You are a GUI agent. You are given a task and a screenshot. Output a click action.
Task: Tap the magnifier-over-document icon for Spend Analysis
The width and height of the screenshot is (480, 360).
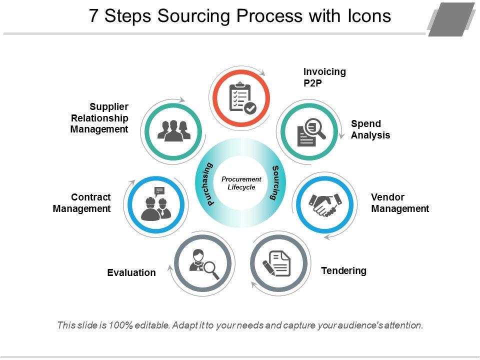[x=310, y=132]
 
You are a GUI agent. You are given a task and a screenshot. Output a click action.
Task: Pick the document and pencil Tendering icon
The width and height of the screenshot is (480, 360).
[x=277, y=263]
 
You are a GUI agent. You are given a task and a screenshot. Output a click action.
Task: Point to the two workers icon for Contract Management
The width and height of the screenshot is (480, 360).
[x=155, y=205]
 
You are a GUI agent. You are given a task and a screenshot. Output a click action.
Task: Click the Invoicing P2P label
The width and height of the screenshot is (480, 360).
[x=324, y=77]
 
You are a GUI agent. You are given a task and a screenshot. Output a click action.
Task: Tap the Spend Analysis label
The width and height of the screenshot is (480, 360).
[x=370, y=129]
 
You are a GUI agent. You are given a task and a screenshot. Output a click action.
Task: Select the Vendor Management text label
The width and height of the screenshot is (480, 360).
[x=399, y=203]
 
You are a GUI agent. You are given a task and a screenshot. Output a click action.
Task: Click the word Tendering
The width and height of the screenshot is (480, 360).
[x=343, y=271]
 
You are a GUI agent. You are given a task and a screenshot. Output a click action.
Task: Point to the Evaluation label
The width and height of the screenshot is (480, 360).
[x=131, y=272]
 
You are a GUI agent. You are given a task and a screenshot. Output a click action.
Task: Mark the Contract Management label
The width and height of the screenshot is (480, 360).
[x=82, y=203]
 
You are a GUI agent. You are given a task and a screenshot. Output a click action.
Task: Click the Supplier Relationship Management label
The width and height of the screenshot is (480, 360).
[x=99, y=118]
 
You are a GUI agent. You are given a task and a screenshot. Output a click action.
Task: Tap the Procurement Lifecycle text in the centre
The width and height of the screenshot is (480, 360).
[x=241, y=183]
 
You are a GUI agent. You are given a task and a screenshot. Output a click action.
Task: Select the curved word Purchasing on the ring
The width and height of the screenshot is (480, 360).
[x=210, y=184]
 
